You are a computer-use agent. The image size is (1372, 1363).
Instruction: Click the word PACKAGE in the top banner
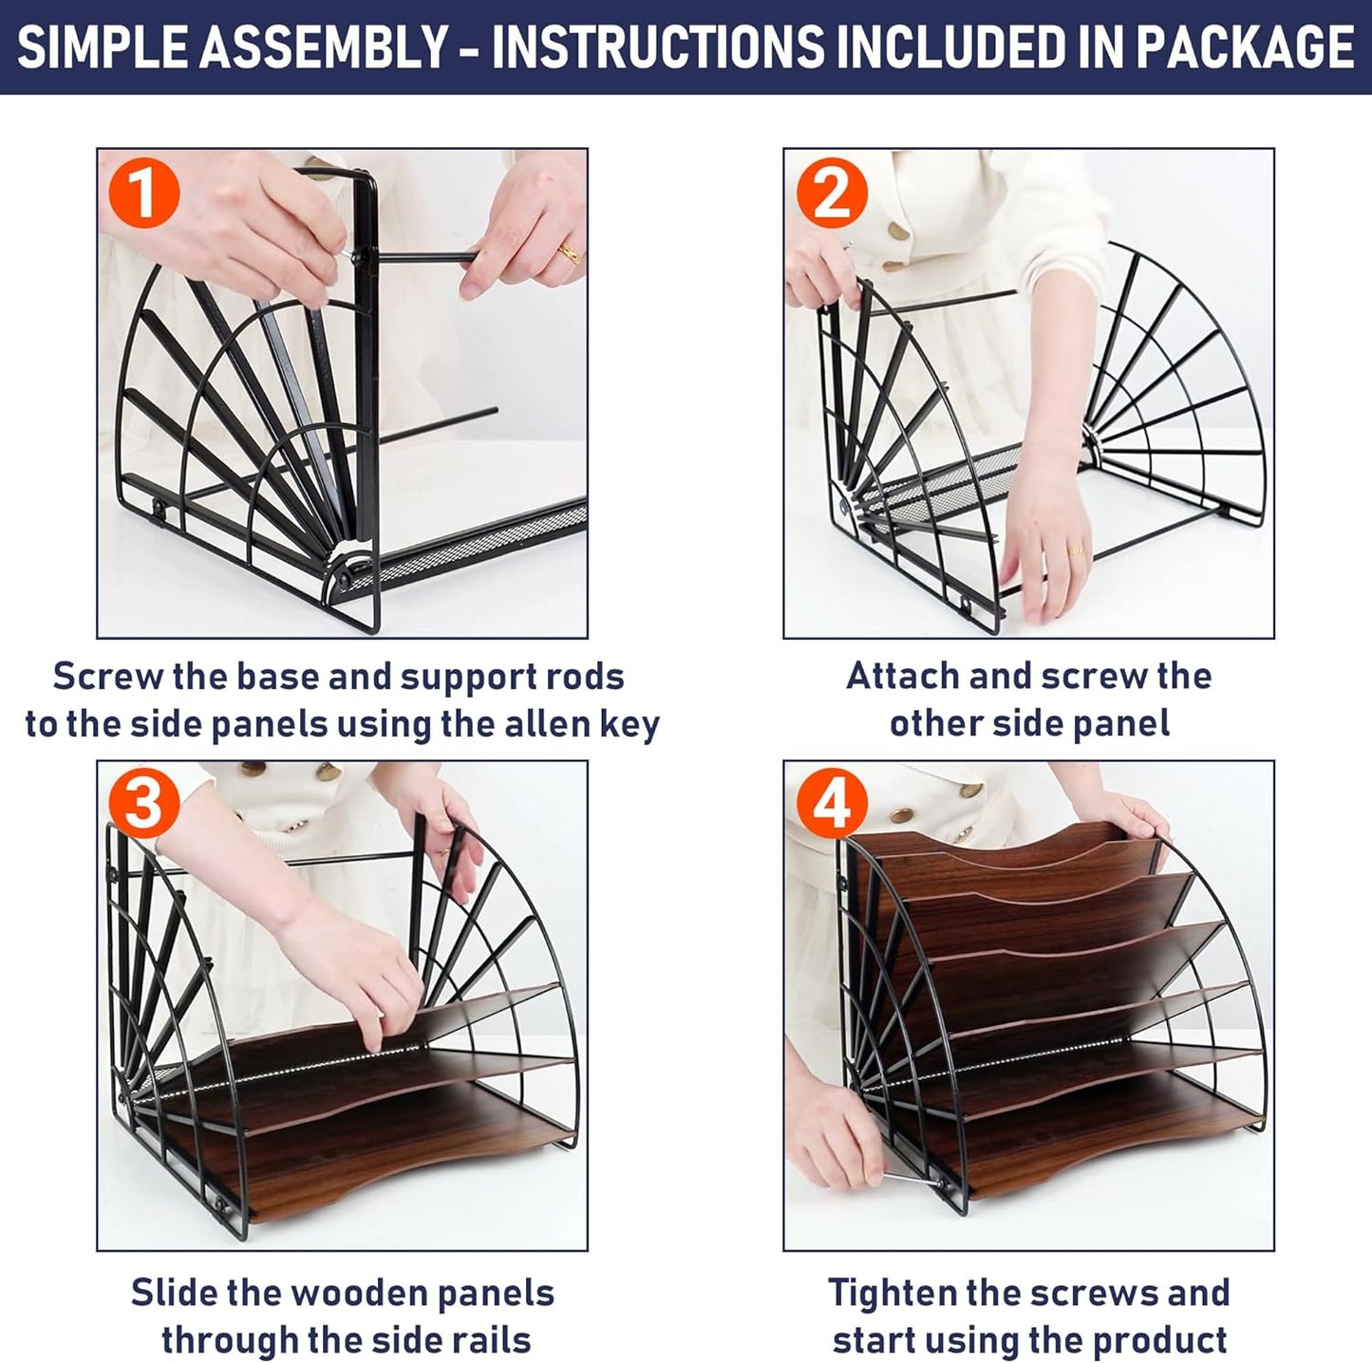(1245, 47)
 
